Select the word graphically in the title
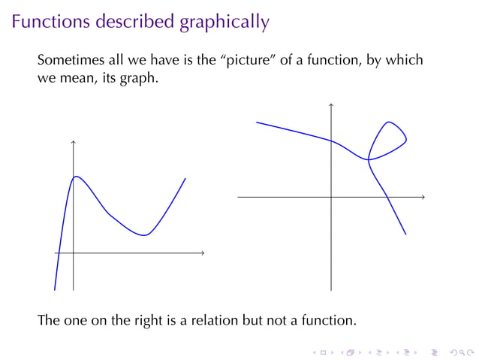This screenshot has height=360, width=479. pos(224,23)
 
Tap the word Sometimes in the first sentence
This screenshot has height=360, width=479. pos(74,60)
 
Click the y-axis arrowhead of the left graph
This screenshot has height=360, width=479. pos(73,142)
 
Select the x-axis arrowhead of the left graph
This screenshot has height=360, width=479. pos(202,253)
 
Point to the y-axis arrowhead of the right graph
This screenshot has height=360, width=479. pos(330,104)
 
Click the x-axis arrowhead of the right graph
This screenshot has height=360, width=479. pos(423,197)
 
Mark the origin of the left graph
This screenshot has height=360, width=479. pos(73,253)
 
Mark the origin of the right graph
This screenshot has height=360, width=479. pos(330,197)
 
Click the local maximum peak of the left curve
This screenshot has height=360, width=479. pos(76,177)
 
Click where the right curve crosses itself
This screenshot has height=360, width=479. pos(369,159)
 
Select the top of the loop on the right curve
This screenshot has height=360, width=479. pos(388,122)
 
